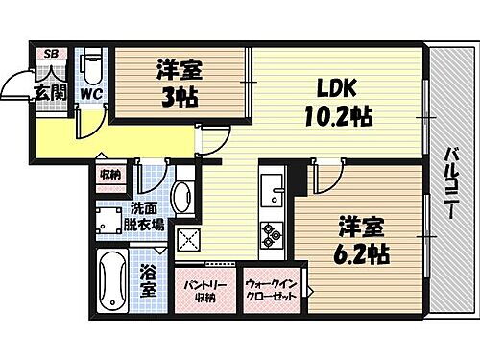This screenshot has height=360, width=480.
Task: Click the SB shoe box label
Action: (51, 55)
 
